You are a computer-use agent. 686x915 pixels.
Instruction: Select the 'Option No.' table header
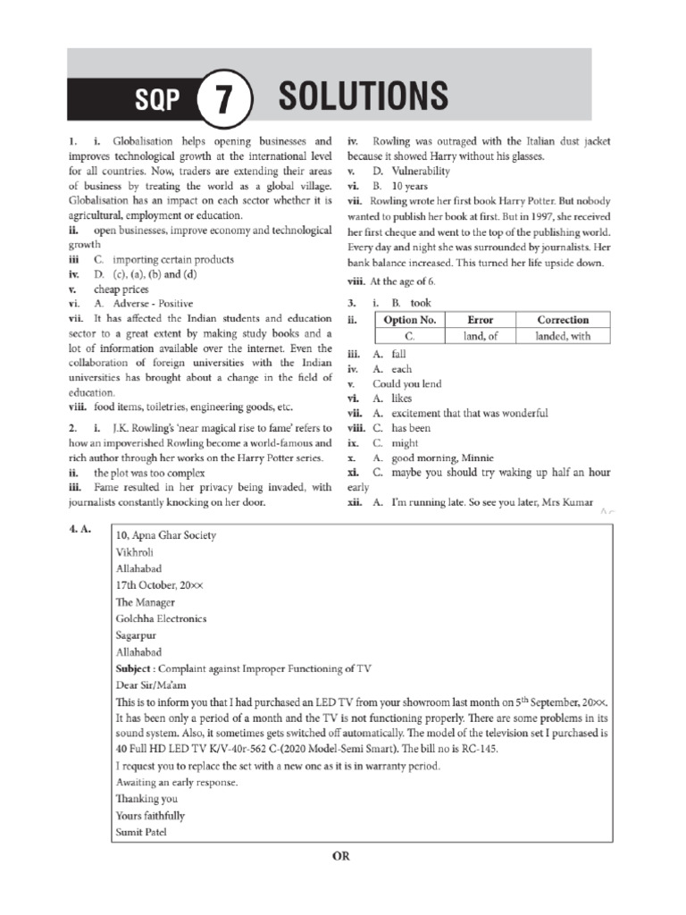pyautogui.click(x=410, y=320)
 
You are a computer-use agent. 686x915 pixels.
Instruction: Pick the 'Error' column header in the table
pyautogui.click(x=481, y=320)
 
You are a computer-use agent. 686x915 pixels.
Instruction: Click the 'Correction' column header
pyautogui.click(x=563, y=320)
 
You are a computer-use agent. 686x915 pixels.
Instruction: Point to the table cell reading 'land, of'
pyautogui.click(x=481, y=336)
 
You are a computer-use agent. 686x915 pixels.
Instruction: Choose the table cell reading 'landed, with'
pyautogui.click(x=563, y=336)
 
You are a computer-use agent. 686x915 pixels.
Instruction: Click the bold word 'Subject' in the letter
pyautogui.click(x=135, y=667)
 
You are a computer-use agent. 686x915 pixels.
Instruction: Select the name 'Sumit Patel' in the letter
pyautogui.click(x=141, y=832)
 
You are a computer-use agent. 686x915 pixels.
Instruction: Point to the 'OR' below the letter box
pyautogui.click(x=342, y=856)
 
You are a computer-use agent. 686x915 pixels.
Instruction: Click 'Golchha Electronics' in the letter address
pyautogui.click(x=161, y=617)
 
